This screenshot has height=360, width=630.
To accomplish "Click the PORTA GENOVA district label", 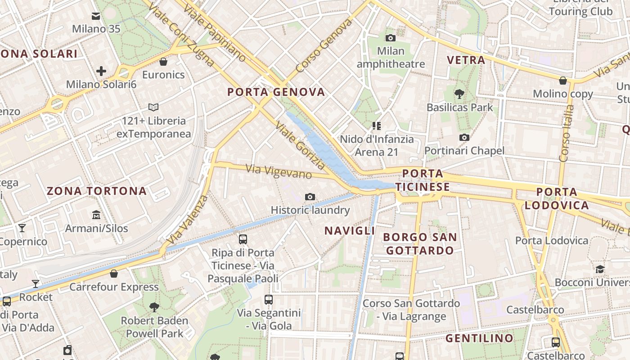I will coord(276,92).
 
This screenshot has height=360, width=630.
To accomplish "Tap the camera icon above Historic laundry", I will coord(310,197).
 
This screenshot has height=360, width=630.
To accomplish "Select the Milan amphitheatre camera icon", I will coord(391,38).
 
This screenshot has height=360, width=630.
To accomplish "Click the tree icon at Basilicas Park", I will coord(459,94).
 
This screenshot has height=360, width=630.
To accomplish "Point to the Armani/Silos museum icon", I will coord(96,215).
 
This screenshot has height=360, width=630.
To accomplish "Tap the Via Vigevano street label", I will coord(279,171).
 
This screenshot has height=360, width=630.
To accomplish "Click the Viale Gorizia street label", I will coord(300,145).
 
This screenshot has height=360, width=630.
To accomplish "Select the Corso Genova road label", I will coord(324,46).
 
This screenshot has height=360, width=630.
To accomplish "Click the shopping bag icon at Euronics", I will coord(163,61).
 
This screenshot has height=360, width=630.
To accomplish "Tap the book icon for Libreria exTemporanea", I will coord(153,108).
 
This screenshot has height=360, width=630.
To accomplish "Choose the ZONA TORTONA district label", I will coord(97,191).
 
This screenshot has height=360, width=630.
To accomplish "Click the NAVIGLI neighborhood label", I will coord(350,231).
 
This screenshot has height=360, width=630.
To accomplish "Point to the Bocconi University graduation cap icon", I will coord(600,269).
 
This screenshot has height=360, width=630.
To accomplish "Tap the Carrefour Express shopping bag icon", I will coord(114,274).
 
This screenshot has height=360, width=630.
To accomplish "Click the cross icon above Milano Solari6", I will coord(101,71).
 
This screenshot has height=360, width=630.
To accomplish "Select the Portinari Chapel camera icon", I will coord(464,137).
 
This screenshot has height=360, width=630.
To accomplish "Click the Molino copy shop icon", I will coord(562,81).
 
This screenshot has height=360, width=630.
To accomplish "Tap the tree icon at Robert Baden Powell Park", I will coord(154,307).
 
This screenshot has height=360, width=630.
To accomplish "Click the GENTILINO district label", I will coord(479,338).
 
